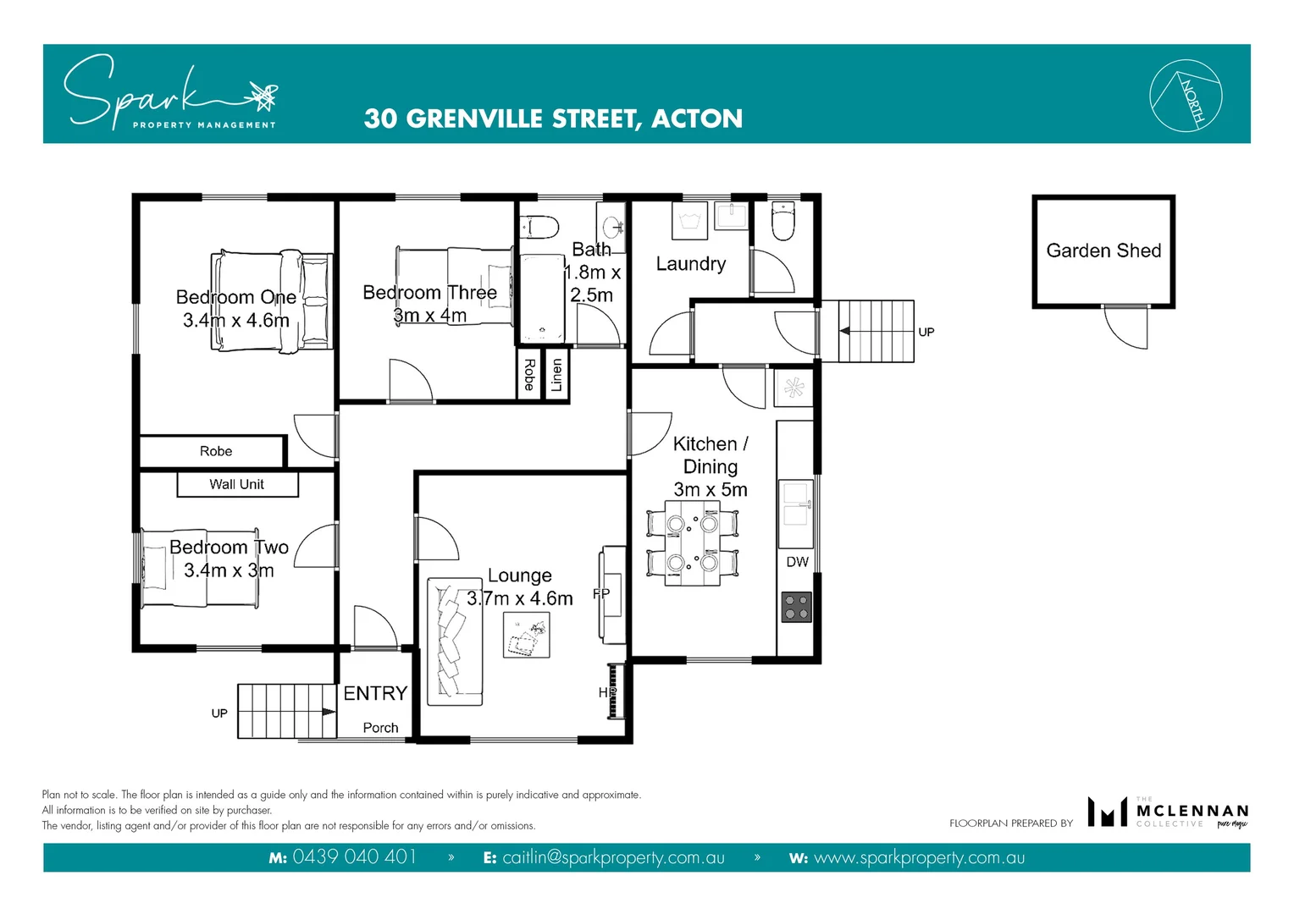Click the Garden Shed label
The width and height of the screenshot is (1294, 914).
pos(1103,251)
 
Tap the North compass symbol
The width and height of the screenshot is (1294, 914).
pos(1186,96)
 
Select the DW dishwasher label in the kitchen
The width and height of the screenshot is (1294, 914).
pos(797,562)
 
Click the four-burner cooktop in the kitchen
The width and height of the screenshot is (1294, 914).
pos(796,607)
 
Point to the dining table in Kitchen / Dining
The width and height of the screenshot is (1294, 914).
pos(693,542)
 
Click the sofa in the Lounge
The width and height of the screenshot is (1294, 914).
pos(454,641)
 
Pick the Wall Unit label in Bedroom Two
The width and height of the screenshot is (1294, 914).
pos(237,484)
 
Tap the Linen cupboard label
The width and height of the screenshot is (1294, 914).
pos(556,374)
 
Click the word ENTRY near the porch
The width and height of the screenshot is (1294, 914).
pos(375,693)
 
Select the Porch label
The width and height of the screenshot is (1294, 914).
pos(380,728)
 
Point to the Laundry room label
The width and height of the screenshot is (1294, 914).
pos(690,264)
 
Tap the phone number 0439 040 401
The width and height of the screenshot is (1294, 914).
pos(354,857)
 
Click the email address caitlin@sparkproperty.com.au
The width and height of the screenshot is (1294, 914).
pos(613,857)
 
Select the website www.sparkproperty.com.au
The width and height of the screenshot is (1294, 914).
pos(919,857)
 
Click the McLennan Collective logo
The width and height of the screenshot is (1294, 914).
pos(1168,812)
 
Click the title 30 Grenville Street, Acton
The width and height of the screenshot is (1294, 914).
pos(553,118)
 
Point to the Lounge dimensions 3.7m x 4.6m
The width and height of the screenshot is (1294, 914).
pos(519,598)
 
